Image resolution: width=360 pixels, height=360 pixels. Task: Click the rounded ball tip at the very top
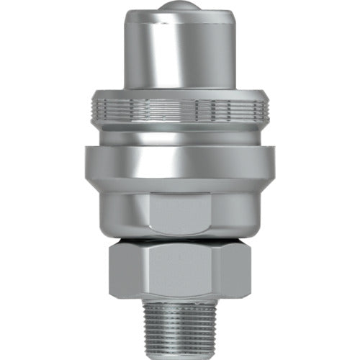tap(179, 6)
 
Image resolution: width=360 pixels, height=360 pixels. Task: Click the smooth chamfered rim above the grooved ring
tap(180, 94)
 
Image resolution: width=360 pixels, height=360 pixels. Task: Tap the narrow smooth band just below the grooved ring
tap(180, 133)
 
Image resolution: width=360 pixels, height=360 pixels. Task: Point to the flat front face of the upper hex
tap(180, 212)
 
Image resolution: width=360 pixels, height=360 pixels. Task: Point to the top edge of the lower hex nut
tap(180, 246)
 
